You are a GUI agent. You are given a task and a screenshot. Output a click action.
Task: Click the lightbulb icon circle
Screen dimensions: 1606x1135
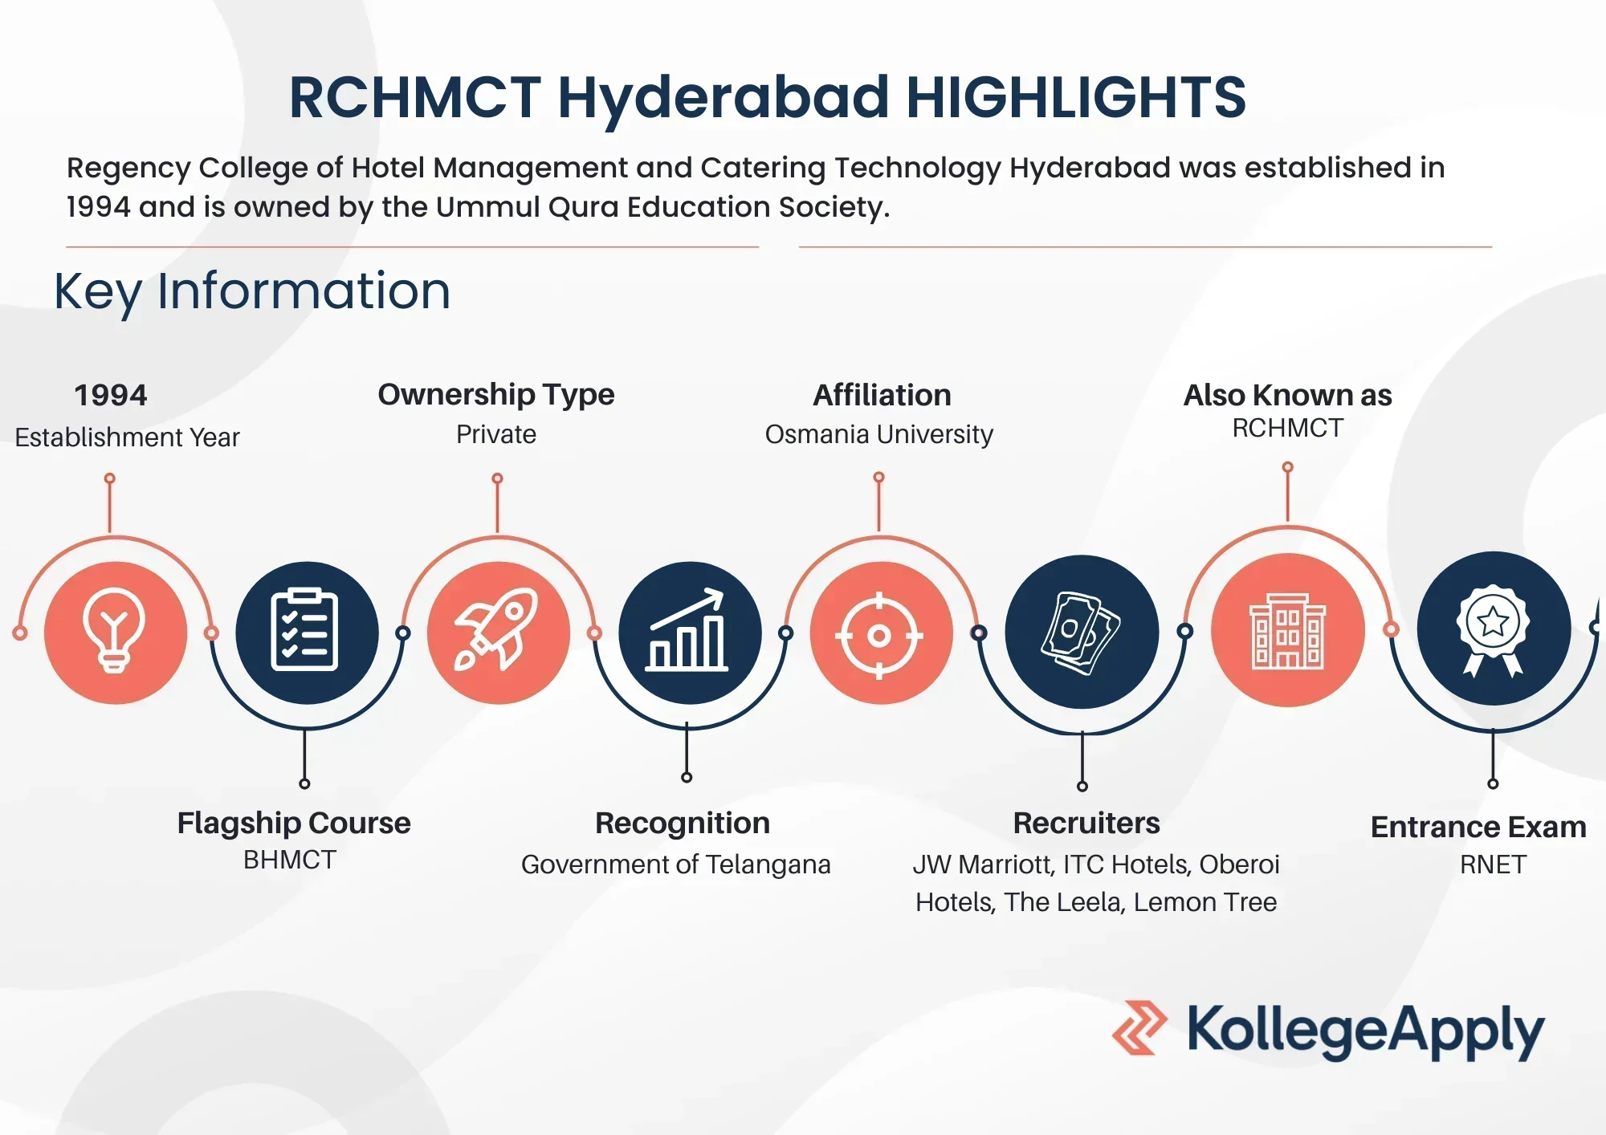116,633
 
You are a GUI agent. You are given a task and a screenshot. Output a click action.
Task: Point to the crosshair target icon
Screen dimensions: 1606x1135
879,636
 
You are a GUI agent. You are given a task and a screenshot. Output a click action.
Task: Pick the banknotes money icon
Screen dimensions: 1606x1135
1081,633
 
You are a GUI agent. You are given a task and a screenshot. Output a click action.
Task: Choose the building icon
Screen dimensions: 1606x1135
1288,631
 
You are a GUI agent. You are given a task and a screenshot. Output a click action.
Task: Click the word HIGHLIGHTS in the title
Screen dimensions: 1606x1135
1076,97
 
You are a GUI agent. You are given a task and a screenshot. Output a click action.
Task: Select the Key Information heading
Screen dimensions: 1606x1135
252,291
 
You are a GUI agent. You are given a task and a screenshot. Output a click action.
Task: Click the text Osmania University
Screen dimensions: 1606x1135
878,434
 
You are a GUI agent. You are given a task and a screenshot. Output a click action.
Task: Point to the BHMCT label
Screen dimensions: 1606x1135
290,860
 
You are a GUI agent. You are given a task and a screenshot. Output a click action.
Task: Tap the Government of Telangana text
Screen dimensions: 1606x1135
675,864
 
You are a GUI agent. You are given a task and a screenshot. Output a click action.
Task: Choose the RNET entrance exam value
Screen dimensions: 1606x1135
1493,864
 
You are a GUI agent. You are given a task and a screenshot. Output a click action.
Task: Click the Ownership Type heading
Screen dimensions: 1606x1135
496,395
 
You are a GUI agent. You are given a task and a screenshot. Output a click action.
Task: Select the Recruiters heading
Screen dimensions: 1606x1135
1086,823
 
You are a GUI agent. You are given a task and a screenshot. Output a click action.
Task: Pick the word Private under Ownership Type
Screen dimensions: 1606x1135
496,434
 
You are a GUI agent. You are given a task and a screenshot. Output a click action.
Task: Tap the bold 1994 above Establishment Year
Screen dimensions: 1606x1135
111,395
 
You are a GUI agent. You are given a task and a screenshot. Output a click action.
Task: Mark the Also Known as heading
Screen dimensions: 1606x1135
1287,395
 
